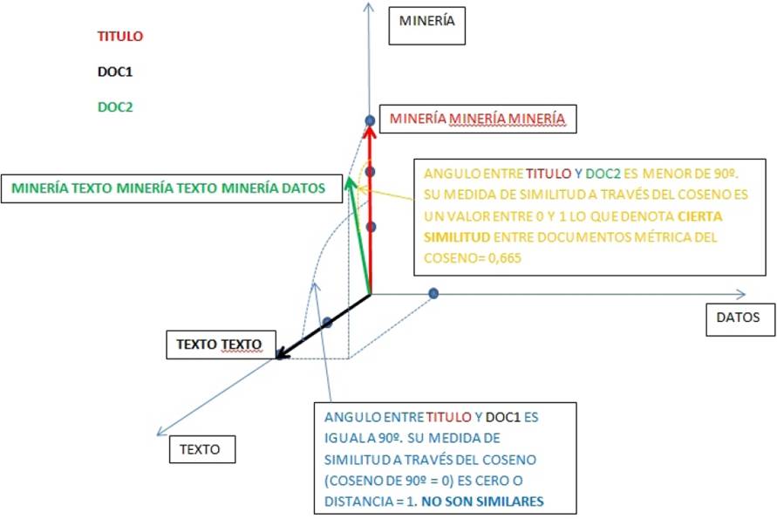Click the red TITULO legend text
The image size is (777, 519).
coord(119,37)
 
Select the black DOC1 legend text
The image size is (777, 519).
coord(115,72)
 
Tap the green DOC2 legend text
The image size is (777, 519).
coord(115,107)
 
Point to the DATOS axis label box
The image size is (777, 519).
coord(739,318)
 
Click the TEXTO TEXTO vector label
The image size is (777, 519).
coord(220,345)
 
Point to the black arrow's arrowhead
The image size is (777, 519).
coord(282,354)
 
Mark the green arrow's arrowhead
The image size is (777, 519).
coord(350,182)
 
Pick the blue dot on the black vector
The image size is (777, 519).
coord(327,323)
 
